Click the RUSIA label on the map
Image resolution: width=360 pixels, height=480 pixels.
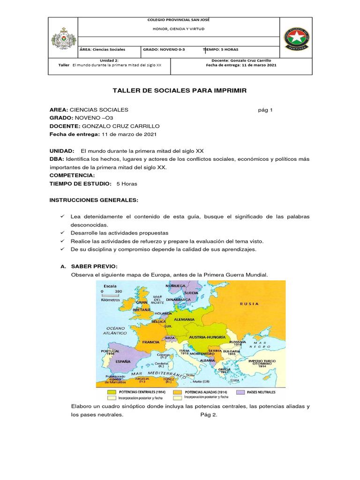coord(249,304)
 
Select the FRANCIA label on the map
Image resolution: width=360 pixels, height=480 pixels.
coord(151,342)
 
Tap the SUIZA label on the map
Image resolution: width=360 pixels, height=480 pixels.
coord(169,337)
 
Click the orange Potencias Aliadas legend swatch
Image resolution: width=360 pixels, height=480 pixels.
coord(178,391)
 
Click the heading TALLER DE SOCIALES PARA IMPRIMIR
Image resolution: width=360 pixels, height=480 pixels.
coord(180,90)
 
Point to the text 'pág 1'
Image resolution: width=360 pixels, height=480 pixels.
coord(265,110)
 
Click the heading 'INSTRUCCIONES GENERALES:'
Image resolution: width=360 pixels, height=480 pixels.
coord(94,200)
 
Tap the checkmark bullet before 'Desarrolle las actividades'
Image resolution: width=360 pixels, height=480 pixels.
coord(62,233)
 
